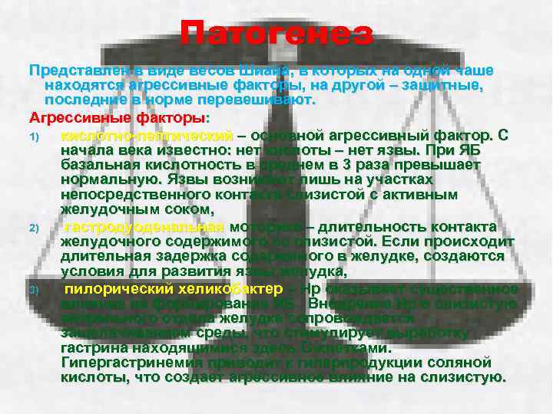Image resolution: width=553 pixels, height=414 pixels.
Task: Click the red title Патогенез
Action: coord(276,34)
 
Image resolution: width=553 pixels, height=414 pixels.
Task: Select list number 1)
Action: coord(34,136)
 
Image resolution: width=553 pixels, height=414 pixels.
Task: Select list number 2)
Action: coord(34,228)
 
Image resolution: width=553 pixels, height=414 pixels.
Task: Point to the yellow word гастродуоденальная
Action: coord(144,228)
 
